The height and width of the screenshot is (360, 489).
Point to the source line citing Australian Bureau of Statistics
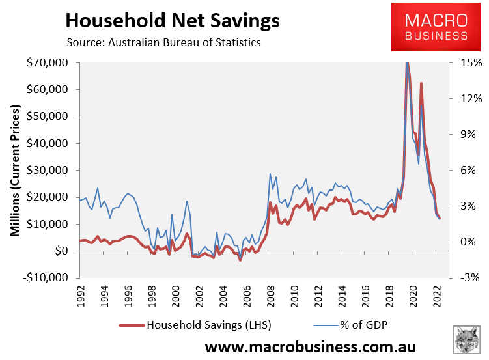[x=163, y=43]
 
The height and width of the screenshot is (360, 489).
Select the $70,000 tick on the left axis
[x=51, y=63]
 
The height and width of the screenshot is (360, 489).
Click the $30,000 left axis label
[x=51, y=171]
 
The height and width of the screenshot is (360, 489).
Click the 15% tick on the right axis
[x=469, y=63]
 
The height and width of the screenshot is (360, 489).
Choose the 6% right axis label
[x=469, y=171]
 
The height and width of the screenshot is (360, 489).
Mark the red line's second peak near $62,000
[x=421, y=83]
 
